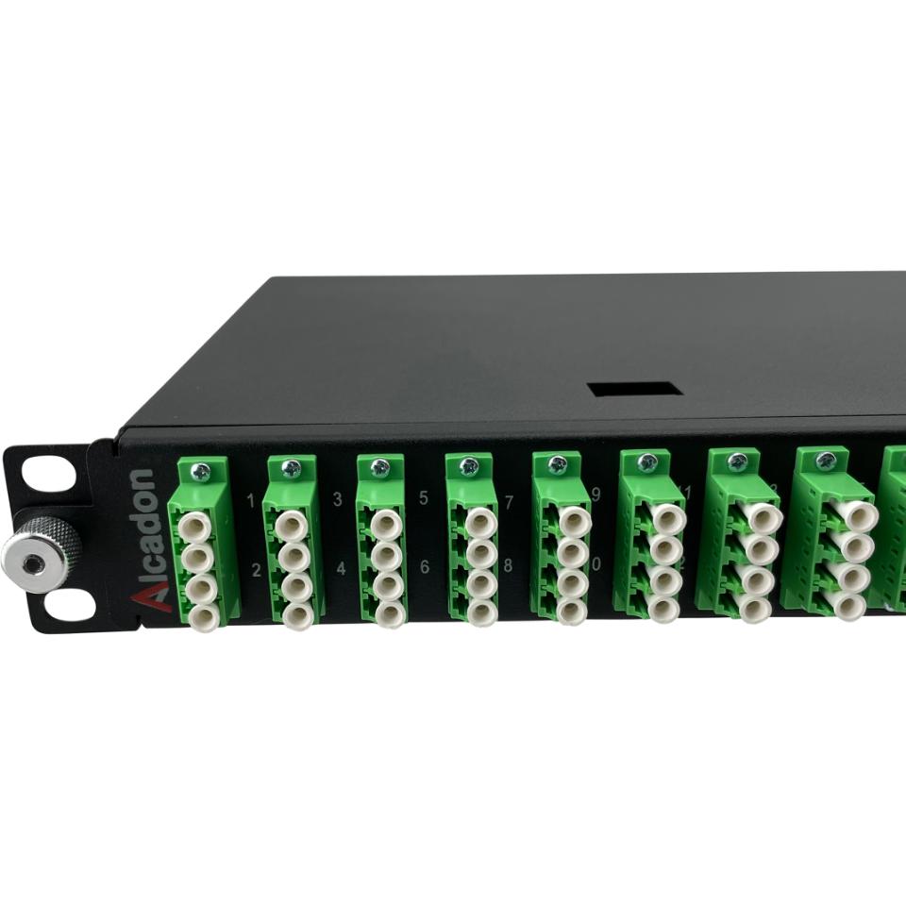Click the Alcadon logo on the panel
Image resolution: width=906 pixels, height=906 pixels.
click(143, 538)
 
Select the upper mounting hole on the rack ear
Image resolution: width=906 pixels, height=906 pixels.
click(49, 474)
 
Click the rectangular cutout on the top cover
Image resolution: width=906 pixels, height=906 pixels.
click(633, 389)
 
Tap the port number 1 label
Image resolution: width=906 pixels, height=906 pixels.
click(251, 499)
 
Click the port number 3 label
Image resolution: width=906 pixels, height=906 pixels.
click(338, 498)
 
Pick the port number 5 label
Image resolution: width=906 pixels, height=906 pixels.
click(423, 497)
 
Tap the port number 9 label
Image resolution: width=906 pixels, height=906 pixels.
click(596, 494)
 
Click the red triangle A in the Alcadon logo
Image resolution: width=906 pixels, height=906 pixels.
click(143, 596)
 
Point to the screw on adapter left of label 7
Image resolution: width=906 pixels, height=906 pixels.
click(469, 465)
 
